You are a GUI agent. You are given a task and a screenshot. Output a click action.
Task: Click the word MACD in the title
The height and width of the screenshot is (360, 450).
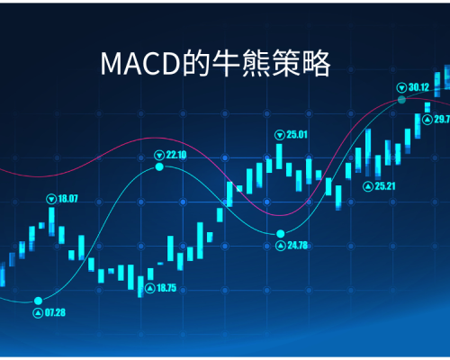tap(140, 63)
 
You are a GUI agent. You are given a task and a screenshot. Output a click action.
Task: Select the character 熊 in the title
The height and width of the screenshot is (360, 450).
tap(256, 63)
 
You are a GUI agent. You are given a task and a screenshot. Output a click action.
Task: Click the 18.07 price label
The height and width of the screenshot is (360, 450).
tap(67, 199)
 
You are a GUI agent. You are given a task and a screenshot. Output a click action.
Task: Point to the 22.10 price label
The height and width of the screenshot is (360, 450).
tap(176, 155)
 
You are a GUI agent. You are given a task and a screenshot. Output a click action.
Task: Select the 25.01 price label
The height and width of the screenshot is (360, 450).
tap(297, 135)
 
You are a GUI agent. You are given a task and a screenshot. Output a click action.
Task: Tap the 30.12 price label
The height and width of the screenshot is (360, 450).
tap(418, 87)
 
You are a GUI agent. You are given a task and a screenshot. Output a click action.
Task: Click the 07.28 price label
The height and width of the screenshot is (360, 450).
tap(55, 312)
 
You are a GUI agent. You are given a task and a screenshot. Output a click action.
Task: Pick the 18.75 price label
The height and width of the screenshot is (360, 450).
tap(166, 288)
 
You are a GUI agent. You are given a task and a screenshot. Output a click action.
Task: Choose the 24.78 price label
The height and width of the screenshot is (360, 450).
tap(298, 246)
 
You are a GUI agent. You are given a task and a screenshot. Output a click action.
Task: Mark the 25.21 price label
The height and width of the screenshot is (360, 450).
tap(385, 186)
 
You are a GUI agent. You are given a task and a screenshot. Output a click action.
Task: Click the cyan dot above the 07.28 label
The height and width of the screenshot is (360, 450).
tap(38, 301)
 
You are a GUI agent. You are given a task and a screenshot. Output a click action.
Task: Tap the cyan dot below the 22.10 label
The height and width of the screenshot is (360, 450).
tap(159, 166)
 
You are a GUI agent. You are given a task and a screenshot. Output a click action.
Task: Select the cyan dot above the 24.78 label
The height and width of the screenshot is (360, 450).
tap(281, 233)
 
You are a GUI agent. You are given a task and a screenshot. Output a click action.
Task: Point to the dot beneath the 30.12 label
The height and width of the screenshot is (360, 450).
tap(401, 100)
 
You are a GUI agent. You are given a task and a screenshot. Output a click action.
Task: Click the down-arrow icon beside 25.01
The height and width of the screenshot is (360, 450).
tap(280, 135)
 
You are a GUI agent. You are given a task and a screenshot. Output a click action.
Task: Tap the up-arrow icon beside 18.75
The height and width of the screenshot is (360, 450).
tap(150, 289)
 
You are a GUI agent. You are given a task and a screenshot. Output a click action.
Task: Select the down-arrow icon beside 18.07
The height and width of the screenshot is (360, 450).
tap(51, 199)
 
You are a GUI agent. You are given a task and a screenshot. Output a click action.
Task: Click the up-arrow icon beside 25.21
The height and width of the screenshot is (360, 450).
tap(367, 186)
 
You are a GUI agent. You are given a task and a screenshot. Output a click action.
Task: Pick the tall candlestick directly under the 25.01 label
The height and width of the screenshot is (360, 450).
tap(279, 157)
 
